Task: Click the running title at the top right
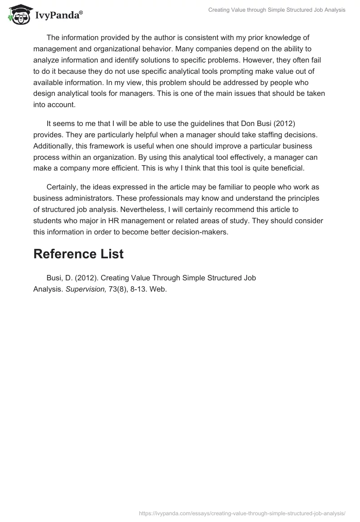point(277,10)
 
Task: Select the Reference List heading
point(78,254)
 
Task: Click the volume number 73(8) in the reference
point(118,289)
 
